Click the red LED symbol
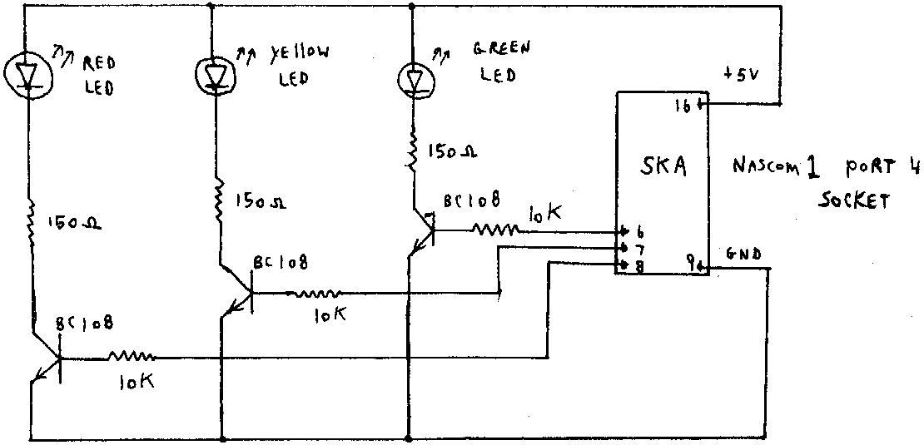tap(31, 72)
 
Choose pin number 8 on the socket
tap(639, 266)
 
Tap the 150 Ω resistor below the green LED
tap(411, 152)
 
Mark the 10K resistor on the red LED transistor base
tap(130, 358)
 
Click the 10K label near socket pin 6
tap(544, 214)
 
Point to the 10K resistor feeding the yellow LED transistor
tap(314, 293)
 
